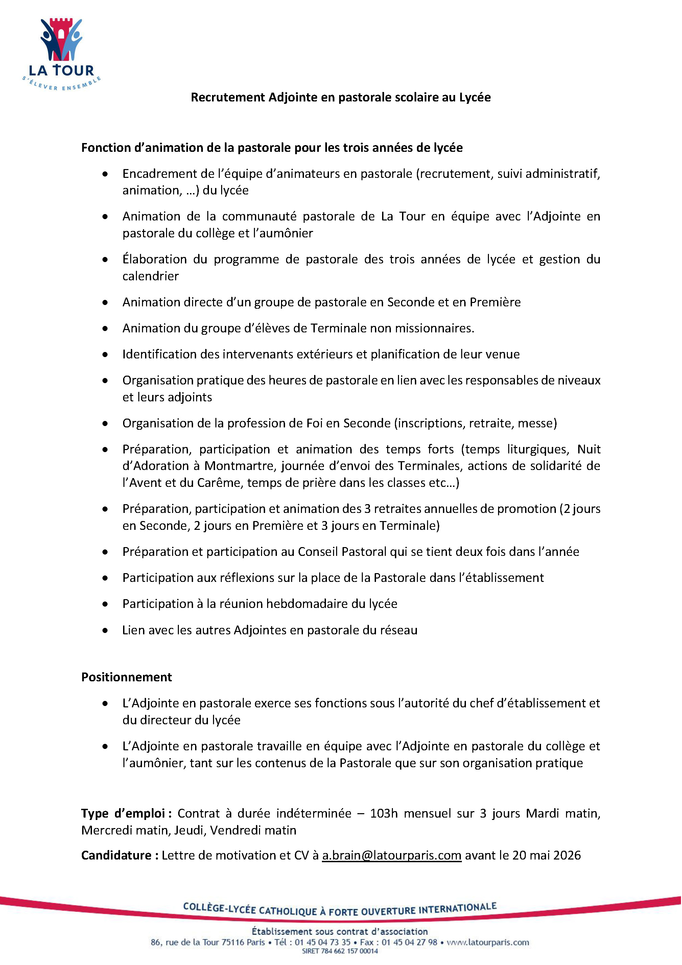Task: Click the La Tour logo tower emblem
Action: click(61, 40)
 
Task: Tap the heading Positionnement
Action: click(126, 677)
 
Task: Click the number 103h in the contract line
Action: click(384, 813)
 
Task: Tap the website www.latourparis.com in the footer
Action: click(488, 942)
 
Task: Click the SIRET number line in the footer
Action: click(340, 951)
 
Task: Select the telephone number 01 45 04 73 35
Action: click(322, 942)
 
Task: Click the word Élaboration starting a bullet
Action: click(154, 259)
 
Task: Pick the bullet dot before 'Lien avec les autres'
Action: click(105, 631)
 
